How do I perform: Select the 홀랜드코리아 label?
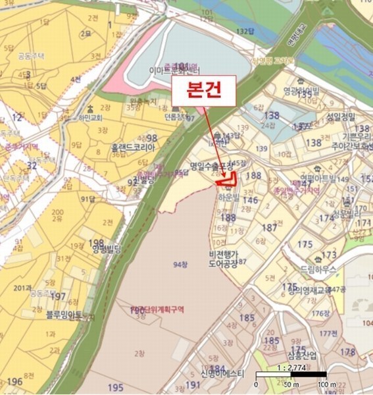pos(132,149)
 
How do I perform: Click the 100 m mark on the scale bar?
pos(322,384)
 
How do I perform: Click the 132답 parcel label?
pos(245,31)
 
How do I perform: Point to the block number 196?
pos(14,381)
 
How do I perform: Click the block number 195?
pos(116,387)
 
